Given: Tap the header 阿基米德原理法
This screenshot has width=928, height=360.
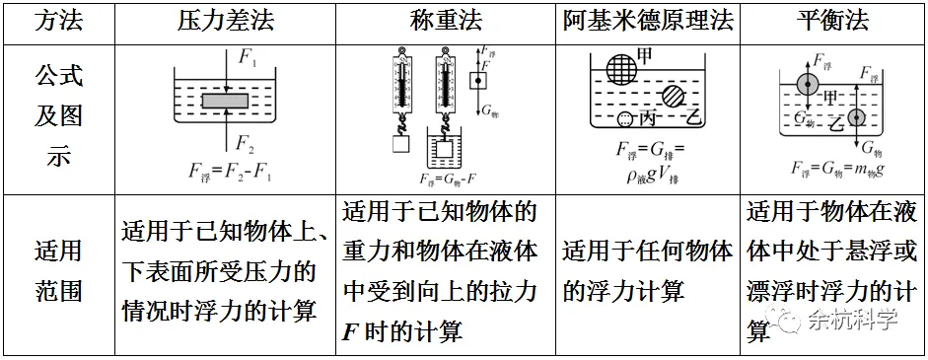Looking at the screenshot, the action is (649, 21).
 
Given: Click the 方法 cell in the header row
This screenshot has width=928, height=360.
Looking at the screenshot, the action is (58, 21).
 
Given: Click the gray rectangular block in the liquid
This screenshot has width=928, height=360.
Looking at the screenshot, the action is (230, 101).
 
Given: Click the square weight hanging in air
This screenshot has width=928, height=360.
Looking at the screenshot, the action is (399, 144).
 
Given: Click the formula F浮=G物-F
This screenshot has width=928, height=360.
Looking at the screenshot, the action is (448, 180).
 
